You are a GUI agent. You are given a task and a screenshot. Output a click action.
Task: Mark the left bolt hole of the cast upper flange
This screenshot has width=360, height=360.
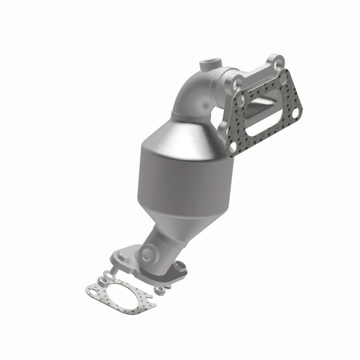[238, 84]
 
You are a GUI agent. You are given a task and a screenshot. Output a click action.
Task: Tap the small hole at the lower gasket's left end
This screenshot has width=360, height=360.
[92, 289]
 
